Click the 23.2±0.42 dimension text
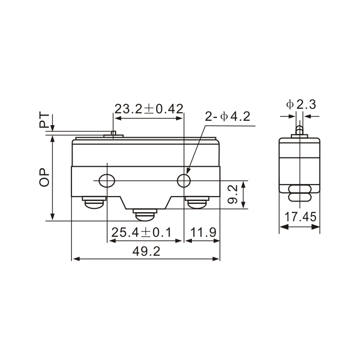[149, 109]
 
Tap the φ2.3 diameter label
[301, 103]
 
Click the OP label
[45, 177]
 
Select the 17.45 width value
[300, 218]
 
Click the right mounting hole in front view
[184, 181]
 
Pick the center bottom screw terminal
[145, 216]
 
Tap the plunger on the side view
[300, 131]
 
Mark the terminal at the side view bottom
[300, 193]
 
